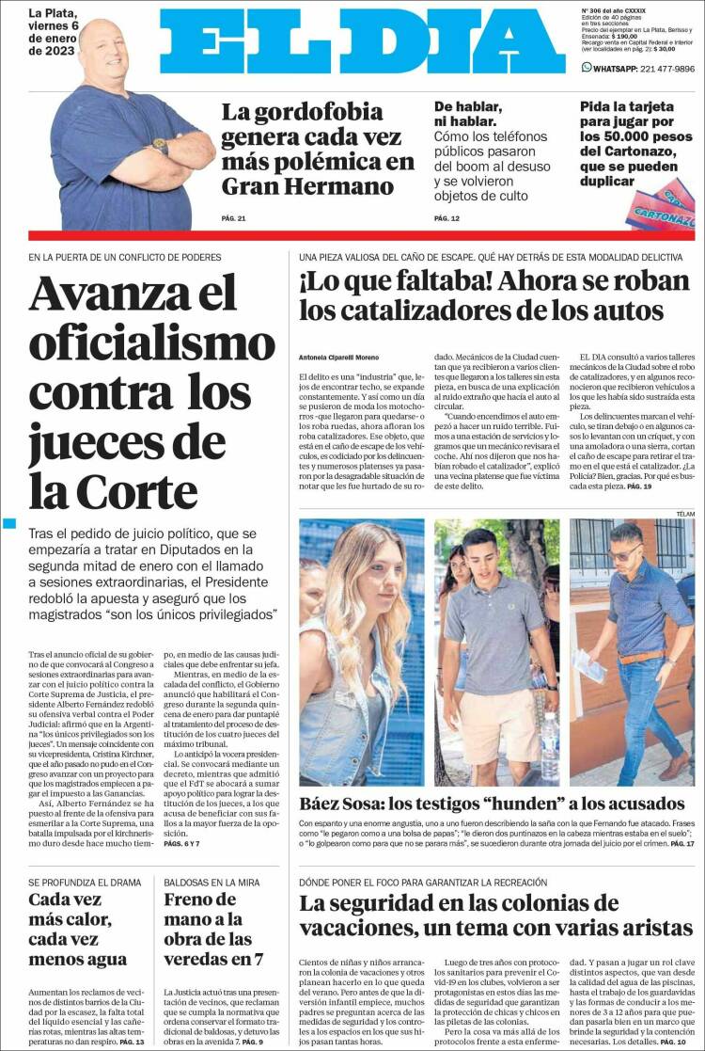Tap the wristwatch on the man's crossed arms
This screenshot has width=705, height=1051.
[x=160, y=146]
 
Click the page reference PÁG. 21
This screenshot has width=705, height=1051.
[x=233, y=219]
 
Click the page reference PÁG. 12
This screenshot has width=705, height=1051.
[x=446, y=219]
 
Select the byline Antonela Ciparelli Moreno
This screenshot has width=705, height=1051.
[x=339, y=358]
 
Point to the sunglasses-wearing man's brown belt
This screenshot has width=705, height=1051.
[x=642, y=656]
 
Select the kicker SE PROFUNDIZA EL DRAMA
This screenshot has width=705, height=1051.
[x=85, y=883]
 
